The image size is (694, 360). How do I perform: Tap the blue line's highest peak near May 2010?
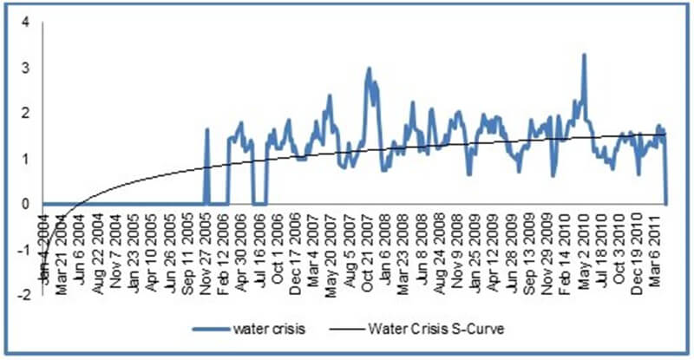pyautogui.click(x=584, y=55)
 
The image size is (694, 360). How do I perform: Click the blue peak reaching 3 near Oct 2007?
pyautogui.click(x=369, y=68)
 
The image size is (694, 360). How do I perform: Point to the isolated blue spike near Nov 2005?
pyautogui.click(x=207, y=129)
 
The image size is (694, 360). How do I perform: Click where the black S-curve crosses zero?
pyautogui.click(x=77, y=205)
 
